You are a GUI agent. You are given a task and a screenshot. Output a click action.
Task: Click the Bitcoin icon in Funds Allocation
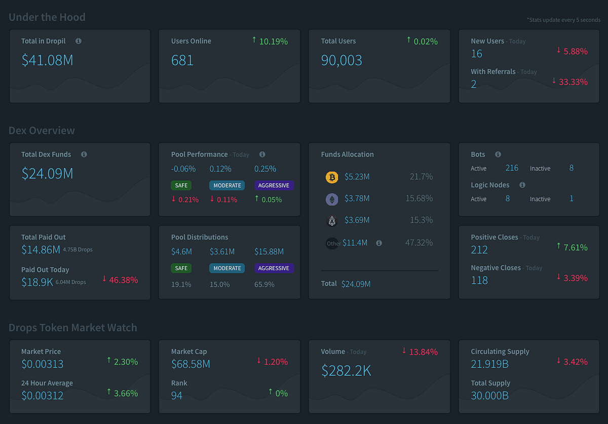(332, 177)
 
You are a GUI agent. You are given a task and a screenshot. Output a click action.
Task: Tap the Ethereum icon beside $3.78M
(332, 199)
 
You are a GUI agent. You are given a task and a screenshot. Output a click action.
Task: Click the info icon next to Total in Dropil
(79, 41)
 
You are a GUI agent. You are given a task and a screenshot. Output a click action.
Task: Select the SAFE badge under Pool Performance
(181, 185)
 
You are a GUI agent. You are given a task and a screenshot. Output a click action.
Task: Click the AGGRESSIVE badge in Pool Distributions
(274, 268)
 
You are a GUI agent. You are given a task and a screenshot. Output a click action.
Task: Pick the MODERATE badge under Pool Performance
(227, 185)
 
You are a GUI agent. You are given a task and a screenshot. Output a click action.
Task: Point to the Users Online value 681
(182, 60)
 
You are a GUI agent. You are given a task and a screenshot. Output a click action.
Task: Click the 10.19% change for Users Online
(273, 41)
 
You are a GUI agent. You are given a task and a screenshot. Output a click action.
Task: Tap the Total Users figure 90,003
(341, 60)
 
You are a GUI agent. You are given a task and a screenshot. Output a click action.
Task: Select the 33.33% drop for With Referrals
(573, 82)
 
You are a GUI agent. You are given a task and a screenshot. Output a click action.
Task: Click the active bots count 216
(512, 168)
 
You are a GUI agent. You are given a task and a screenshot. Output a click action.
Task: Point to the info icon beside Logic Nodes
(522, 185)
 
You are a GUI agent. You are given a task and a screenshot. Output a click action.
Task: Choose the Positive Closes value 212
(479, 249)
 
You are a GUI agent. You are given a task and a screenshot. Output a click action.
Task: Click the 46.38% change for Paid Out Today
(124, 280)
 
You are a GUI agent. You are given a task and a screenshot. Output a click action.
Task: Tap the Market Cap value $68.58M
(191, 364)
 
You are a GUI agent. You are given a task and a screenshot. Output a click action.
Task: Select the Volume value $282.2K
(346, 370)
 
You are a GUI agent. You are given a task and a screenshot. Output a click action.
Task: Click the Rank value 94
(176, 396)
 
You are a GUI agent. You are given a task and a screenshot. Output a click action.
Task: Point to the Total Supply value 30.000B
(489, 396)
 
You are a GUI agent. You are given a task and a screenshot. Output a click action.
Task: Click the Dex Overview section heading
(42, 131)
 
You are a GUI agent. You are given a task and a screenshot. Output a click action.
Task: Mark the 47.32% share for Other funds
(419, 243)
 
